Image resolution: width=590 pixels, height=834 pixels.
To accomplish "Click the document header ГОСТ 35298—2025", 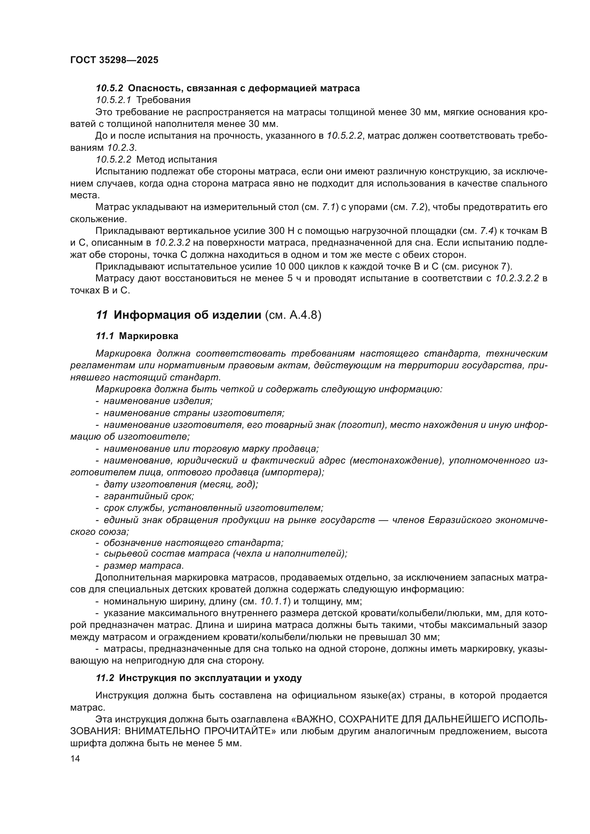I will click(x=114, y=60).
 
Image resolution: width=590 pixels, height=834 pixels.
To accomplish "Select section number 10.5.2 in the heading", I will click(x=110, y=88).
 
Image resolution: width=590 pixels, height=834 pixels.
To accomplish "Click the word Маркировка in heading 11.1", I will click(x=149, y=336).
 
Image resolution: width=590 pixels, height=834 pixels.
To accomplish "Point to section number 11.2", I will click(x=105, y=678).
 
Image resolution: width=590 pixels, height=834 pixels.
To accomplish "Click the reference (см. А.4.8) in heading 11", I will click(x=293, y=315).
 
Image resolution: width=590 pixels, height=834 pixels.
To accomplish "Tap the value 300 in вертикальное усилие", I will click(x=276, y=231).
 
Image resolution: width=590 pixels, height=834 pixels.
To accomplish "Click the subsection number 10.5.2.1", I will click(x=113, y=100).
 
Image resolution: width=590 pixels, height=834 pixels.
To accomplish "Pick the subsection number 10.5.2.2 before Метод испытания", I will click(x=114, y=159).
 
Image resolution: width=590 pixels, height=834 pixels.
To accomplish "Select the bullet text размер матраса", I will click(x=144, y=566).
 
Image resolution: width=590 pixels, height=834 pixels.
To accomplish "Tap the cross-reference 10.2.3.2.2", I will click(x=517, y=278).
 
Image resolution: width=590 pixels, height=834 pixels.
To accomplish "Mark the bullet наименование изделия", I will click(x=158, y=401).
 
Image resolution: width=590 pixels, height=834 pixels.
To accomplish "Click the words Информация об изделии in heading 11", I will click(x=188, y=315).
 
